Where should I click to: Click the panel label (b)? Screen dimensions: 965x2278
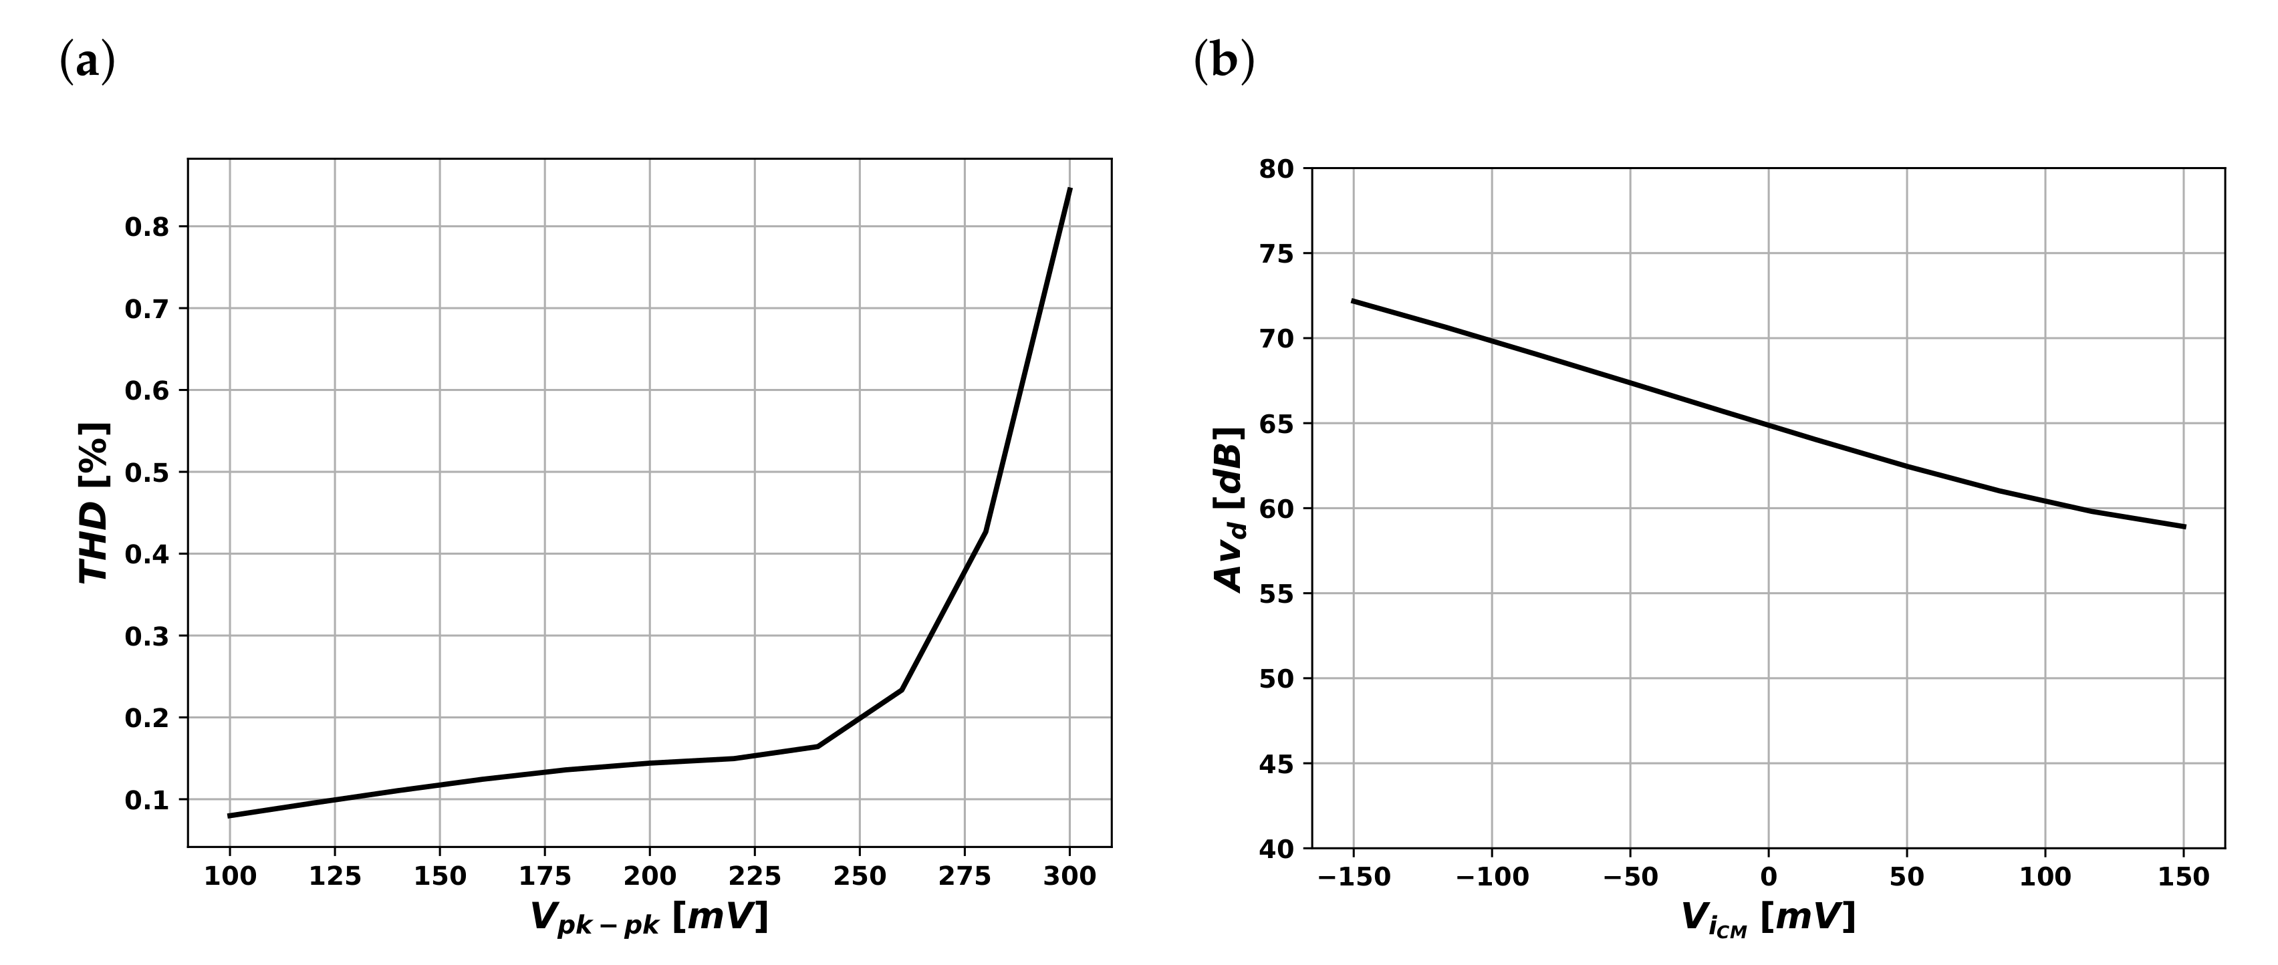[1224, 63]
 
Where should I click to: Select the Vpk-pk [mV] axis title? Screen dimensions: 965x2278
[649, 918]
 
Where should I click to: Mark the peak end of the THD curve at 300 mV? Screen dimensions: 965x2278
[1070, 189]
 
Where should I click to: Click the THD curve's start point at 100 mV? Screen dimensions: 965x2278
[230, 815]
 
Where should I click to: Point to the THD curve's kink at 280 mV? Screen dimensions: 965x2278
[985, 531]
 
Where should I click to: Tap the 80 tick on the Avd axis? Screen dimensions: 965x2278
[1277, 169]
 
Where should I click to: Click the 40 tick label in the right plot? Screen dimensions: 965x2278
[1277, 849]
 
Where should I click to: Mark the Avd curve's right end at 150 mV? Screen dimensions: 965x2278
[2184, 527]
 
